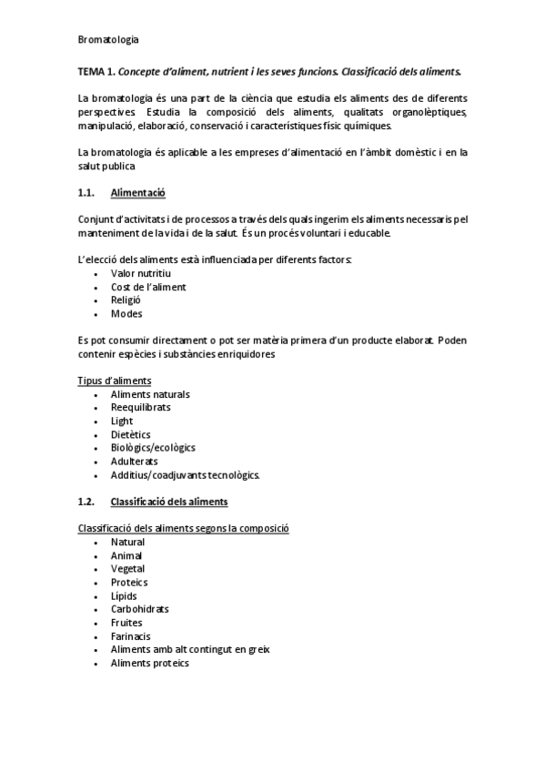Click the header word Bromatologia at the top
point(108,39)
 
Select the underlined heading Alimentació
point(137,193)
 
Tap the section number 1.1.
point(87,193)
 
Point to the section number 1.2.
point(87,502)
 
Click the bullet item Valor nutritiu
point(141,273)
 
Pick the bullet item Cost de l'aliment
point(148,287)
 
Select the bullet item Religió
point(126,300)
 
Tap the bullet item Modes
point(126,314)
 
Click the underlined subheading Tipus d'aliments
point(115,381)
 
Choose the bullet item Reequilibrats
point(140,407)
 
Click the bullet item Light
point(122,421)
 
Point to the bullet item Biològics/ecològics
point(153,448)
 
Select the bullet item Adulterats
point(134,462)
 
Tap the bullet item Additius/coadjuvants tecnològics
point(186,475)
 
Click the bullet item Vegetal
point(128,569)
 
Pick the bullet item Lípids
point(124,595)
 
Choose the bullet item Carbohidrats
point(139,609)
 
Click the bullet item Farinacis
point(131,636)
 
